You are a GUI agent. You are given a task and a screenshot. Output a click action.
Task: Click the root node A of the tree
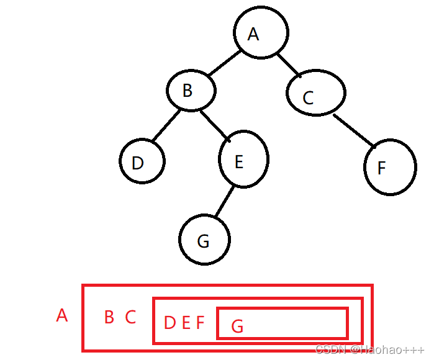(x=261, y=34)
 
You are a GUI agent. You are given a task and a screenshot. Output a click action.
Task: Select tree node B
(x=191, y=91)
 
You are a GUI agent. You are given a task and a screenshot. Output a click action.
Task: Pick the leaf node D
(x=142, y=162)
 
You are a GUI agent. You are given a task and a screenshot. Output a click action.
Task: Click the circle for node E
(x=243, y=160)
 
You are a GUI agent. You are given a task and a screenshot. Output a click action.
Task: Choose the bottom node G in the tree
(x=204, y=240)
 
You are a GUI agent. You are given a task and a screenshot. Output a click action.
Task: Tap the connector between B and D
(x=165, y=126)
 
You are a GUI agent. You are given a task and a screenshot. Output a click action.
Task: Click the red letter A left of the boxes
(x=61, y=316)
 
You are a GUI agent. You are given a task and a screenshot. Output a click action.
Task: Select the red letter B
(x=109, y=318)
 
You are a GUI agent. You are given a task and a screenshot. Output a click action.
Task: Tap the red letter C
(x=130, y=318)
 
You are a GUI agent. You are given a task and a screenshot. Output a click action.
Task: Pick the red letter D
(x=170, y=323)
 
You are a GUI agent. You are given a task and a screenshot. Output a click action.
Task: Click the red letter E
(x=186, y=323)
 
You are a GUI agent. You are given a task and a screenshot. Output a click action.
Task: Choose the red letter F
(x=200, y=323)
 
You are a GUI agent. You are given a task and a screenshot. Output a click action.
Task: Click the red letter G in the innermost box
(x=237, y=326)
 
